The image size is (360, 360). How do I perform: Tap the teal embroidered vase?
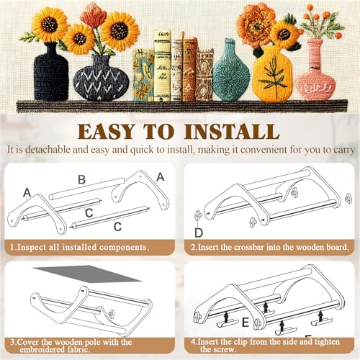pyautogui.click(x=231, y=72)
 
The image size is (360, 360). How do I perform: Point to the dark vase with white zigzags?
pyautogui.click(x=101, y=78)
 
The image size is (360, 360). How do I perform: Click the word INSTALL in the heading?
pyautogui.click(x=232, y=132)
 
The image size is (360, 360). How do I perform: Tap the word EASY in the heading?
pyautogui.click(x=106, y=132)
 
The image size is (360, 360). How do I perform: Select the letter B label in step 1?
pyautogui.click(x=82, y=179)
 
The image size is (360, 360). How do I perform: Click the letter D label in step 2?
pyautogui.click(x=199, y=233)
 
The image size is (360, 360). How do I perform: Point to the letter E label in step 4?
pyautogui.click(x=246, y=323)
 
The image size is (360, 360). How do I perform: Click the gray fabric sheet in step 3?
pyautogui.click(x=88, y=273)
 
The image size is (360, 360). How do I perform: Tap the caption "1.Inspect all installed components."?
pyautogui.click(x=79, y=247)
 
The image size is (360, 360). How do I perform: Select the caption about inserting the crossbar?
pyautogui.click(x=269, y=247)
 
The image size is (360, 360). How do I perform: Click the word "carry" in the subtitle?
pyautogui.click(x=344, y=150)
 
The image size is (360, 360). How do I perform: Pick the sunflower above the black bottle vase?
pyautogui.click(x=50, y=24)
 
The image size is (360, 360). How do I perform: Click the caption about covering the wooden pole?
pyautogui.click(x=71, y=346)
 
